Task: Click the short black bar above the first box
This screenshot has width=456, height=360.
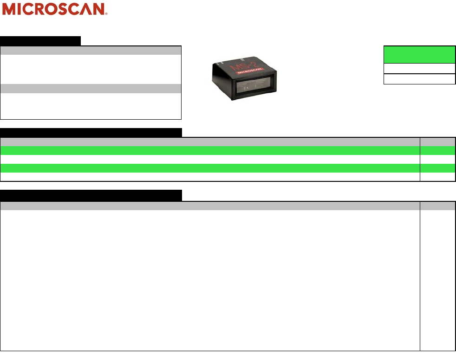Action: click(40, 40)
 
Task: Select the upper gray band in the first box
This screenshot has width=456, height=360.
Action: click(91, 50)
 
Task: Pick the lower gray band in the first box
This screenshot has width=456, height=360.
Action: click(91, 89)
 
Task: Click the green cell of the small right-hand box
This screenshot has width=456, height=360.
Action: click(419, 54)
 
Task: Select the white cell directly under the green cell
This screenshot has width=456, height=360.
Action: click(419, 68)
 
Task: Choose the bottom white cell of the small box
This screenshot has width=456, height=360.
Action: click(419, 78)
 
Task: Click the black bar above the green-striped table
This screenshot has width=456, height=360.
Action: click(91, 132)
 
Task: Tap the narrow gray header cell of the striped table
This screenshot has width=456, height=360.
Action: click(437, 142)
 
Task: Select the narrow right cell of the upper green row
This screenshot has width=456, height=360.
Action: click(437, 151)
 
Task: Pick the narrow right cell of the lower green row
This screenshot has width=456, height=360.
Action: click(437, 168)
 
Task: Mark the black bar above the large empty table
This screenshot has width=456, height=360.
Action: click(91, 195)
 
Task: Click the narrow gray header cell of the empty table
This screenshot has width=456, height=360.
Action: click(437, 206)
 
